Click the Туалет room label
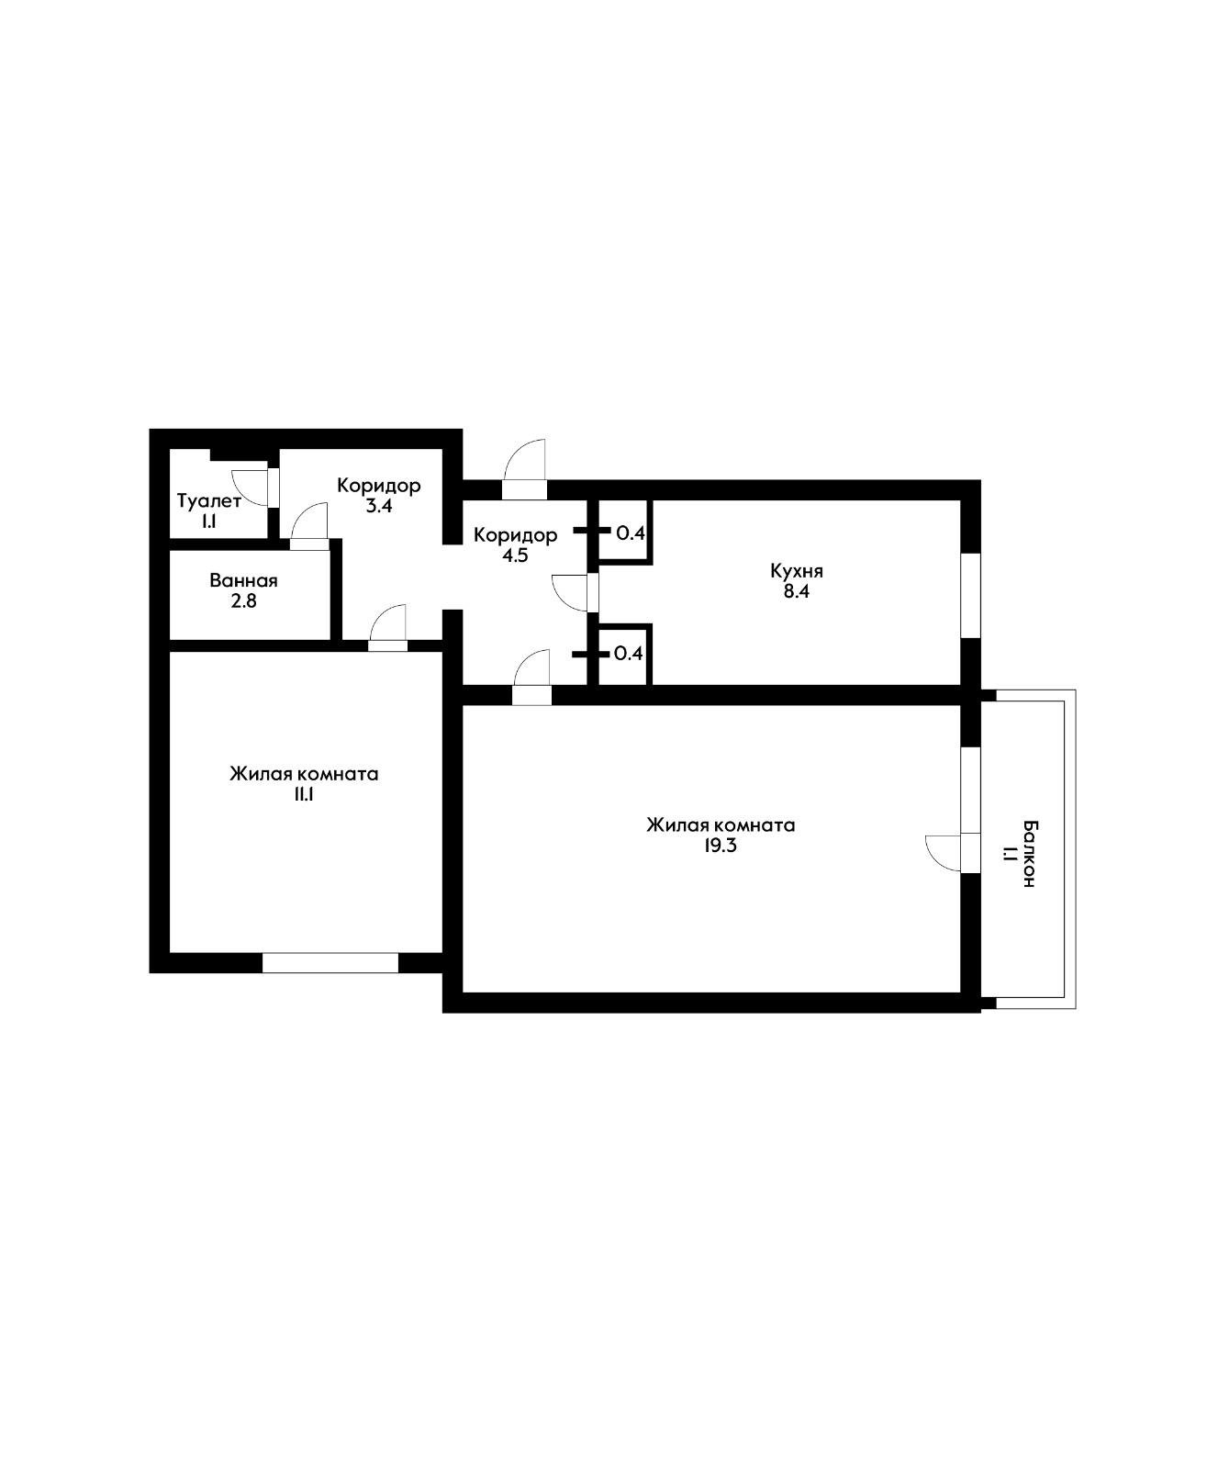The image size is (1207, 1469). (209, 501)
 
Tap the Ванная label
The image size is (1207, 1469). (243, 580)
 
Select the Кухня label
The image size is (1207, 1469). (796, 570)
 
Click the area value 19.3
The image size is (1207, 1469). (721, 847)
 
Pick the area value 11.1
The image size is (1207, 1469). (304, 795)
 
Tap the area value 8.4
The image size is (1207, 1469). (796, 592)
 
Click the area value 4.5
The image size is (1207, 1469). (515, 555)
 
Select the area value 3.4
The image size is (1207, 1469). (378, 506)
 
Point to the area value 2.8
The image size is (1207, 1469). (243, 601)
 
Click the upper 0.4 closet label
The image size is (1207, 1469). (630, 532)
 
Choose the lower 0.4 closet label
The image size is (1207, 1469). (628, 654)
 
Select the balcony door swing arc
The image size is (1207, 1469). (943, 852)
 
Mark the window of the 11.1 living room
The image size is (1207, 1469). (330, 962)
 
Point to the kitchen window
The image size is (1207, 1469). (970, 594)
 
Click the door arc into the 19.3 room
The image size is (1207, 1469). (532, 666)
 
